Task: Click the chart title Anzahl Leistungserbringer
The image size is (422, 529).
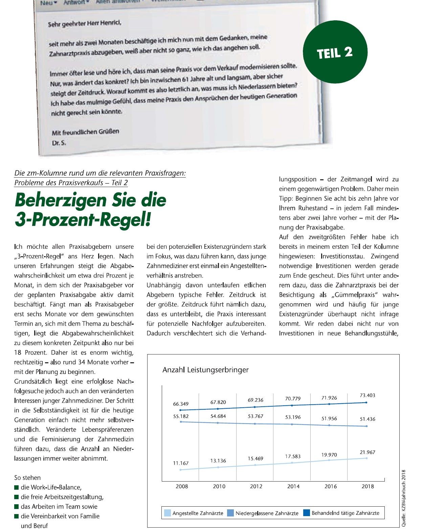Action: [x=205, y=370]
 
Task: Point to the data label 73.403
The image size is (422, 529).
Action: [x=367, y=395]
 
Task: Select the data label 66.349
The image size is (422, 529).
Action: [x=181, y=404]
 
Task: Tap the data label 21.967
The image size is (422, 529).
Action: [x=367, y=452]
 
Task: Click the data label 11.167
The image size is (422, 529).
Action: [x=181, y=463]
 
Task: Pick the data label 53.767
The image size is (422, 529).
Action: [x=255, y=416]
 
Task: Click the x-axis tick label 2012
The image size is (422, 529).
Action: [x=256, y=486]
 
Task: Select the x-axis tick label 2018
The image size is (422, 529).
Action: [x=368, y=486]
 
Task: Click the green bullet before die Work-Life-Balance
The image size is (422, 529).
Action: [x=16, y=487]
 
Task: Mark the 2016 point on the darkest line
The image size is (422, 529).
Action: [x=329, y=404]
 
